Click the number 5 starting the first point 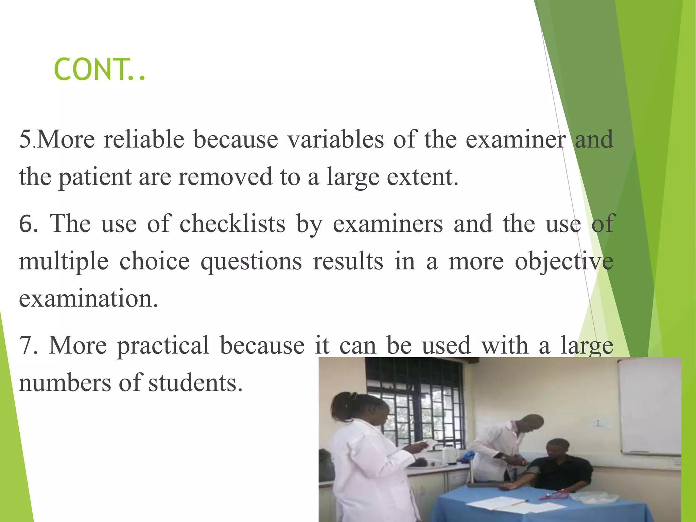pyautogui.click(x=25, y=139)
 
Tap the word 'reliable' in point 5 pyautogui.click(x=144, y=139)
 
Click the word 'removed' pyautogui.click(x=225, y=177)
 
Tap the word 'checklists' pyautogui.click(x=232, y=224)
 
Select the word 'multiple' pyautogui.click(x=64, y=262)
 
